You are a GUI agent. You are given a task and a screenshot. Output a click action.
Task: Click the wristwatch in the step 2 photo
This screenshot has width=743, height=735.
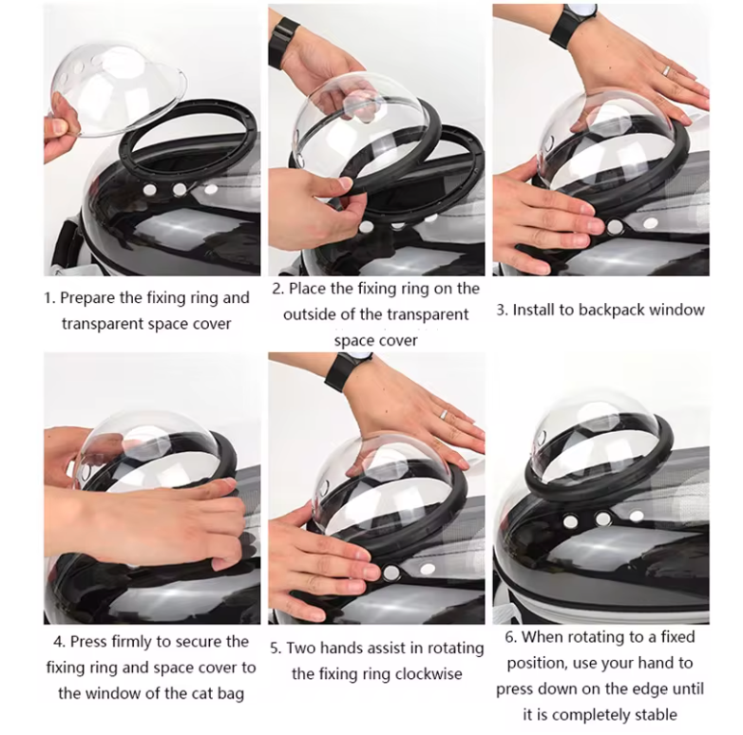pyautogui.click(x=282, y=43)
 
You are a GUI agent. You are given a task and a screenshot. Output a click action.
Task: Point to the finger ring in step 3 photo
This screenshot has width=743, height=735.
pyautogui.click(x=666, y=70)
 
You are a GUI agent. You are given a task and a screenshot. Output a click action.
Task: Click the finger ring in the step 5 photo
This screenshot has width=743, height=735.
pyautogui.click(x=443, y=415)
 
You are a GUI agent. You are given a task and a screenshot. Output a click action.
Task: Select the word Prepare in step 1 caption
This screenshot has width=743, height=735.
pyautogui.click(x=87, y=298)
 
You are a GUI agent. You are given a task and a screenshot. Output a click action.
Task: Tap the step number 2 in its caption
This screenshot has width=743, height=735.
pyautogui.click(x=276, y=289)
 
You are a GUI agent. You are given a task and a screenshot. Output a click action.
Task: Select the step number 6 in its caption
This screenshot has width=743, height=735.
pyautogui.click(x=509, y=637)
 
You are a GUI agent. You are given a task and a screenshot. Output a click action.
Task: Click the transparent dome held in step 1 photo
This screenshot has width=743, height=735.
pyautogui.click(x=118, y=88)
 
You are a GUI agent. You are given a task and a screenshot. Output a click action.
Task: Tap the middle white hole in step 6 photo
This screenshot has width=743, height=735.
pyautogui.click(x=603, y=518)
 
